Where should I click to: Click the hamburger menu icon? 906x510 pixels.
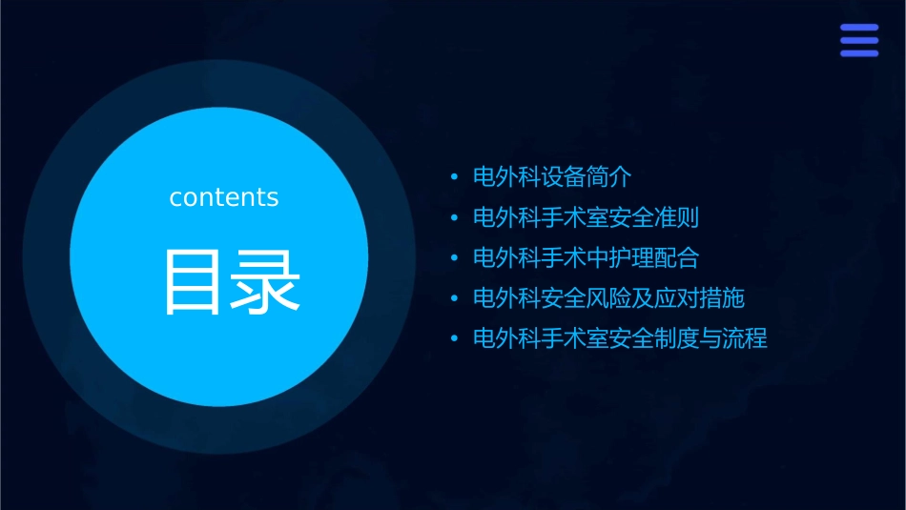coord(858,40)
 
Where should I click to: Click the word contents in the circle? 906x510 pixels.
coord(224,197)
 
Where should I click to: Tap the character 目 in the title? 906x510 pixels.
coord(195,281)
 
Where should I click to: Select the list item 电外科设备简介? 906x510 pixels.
coord(552,177)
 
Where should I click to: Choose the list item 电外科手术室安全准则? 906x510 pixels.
coord(586,217)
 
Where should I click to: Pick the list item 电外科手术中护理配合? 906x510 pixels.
coord(586,257)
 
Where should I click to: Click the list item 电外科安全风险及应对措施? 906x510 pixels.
coord(608,298)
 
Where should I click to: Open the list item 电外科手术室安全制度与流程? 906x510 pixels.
coord(620,338)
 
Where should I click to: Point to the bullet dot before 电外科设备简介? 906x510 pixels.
coord(455,178)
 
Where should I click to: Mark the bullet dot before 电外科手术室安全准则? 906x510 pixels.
coord(455,218)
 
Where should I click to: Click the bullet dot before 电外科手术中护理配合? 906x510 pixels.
coord(455,258)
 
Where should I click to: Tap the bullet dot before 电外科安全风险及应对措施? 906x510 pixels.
coord(455,299)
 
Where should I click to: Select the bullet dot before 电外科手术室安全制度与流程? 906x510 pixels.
coord(455,339)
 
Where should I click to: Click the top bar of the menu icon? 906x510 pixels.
coord(858,28)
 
